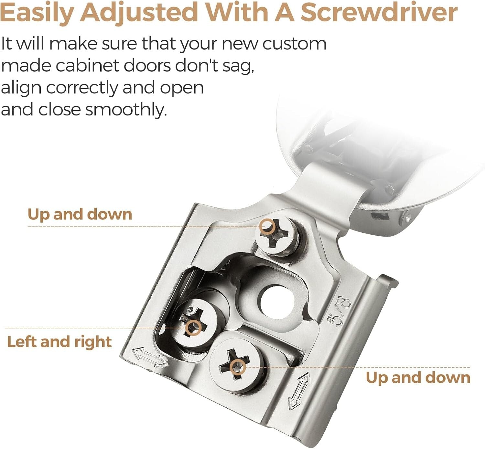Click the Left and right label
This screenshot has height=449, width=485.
click(x=59, y=342)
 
